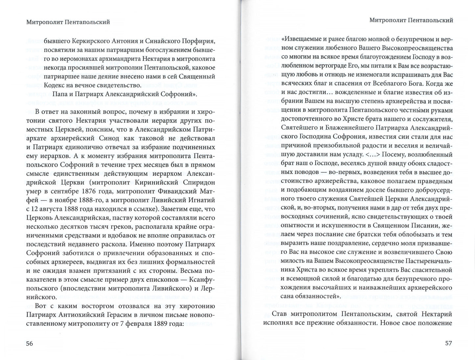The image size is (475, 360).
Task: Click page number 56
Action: (x=30, y=344)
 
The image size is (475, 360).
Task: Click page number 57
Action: (x=449, y=344)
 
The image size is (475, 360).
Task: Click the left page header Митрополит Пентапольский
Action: (x=67, y=22)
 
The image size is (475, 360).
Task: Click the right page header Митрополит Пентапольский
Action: (x=411, y=20)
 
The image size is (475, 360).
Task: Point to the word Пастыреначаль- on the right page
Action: (x=427, y=261)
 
